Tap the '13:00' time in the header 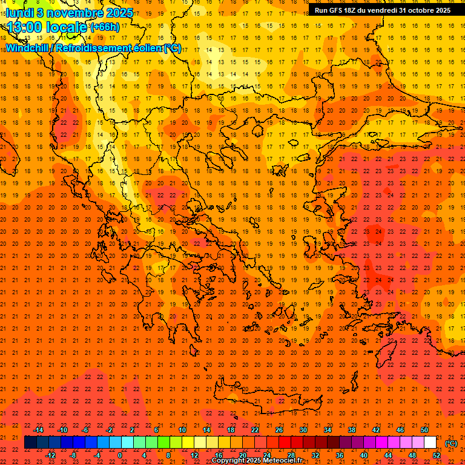coord(22,27)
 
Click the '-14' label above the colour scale coord(38,429)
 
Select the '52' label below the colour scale coord(436,455)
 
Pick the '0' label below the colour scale coord(120,455)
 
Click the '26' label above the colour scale coord(279,429)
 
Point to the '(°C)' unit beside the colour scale coord(451,443)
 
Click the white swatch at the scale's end coord(430,443)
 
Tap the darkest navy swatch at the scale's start coord(30,443)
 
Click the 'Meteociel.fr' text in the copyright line coord(282,461)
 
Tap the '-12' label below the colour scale coord(50,455)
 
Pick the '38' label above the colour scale coord(352,429)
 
